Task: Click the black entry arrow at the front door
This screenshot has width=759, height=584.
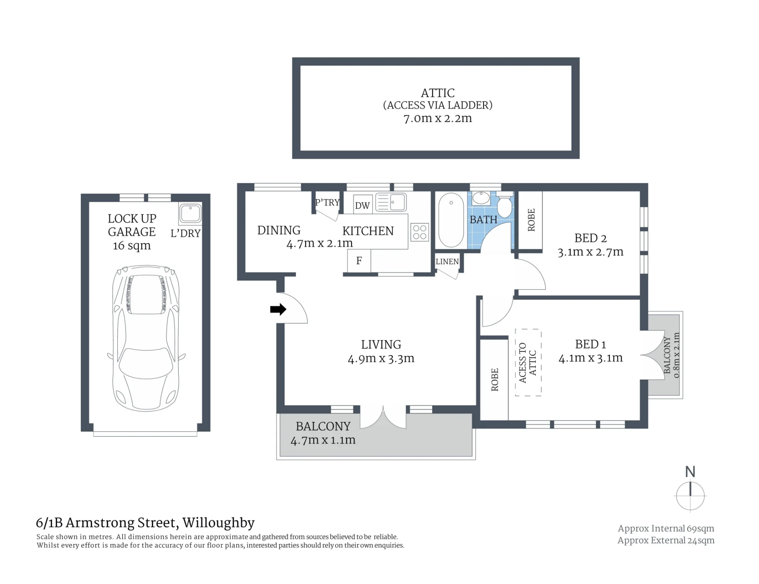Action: (278, 309)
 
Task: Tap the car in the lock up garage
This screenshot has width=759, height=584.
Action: (146, 338)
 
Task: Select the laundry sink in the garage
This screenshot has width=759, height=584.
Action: (190, 213)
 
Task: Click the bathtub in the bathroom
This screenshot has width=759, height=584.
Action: (451, 221)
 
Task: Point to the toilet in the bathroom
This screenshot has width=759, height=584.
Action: (505, 204)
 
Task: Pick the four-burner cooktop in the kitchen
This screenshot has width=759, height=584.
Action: (420, 232)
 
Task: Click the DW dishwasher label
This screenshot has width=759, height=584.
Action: (362, 206)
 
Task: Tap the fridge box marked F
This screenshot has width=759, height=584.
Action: (359, 260)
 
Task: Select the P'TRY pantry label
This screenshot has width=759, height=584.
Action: (328, 202)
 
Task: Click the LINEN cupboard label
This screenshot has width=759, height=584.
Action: (447, 262)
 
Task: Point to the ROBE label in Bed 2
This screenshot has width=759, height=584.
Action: (531, 220)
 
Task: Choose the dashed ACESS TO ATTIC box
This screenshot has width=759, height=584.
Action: (528, 363)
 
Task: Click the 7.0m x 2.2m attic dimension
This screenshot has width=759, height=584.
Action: (438, 118)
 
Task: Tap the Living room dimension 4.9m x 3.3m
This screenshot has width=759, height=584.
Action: (381, 358)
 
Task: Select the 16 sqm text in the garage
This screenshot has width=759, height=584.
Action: (132, 246)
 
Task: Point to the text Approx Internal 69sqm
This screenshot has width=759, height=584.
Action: (666, 529)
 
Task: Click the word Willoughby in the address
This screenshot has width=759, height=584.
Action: (219, 523)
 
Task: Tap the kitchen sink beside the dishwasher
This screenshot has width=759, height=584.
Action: (391, 202)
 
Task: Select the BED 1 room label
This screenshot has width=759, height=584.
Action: (591, 344)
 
